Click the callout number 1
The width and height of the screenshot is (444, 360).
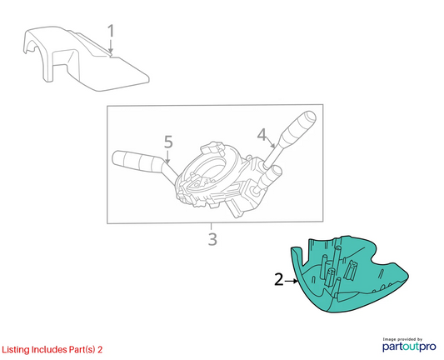point(111,31)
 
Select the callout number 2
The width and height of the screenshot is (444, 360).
point(279,279)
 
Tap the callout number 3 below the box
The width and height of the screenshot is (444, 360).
point(212,239)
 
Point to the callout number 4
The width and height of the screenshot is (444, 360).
point(262,134)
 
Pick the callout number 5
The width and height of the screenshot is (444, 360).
point(168,142)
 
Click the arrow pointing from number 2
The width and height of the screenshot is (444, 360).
point(292,281)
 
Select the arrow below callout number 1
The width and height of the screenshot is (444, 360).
point(111,46)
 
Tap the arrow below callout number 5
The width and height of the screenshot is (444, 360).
point(167,157)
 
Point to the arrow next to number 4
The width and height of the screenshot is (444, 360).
point(270,142)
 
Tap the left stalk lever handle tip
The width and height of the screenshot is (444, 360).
point(116,157)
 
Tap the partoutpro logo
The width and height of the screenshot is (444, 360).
point(409,347)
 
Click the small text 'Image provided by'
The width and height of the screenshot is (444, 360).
point(402,339)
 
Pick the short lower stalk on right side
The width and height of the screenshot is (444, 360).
point(270,177)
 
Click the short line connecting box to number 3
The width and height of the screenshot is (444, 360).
point(211,227)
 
